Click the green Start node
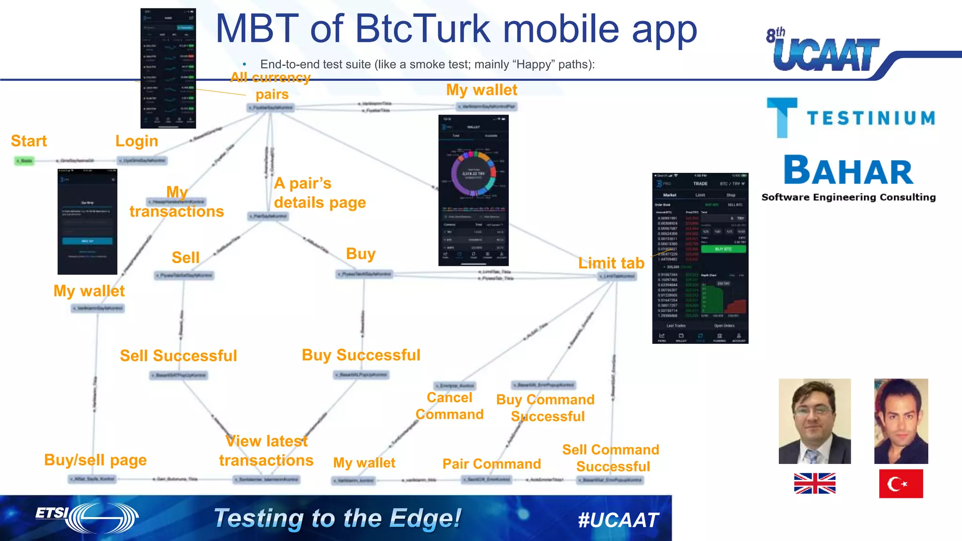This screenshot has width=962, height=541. click(x=24, y=161)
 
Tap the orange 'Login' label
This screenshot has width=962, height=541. click(x=137, y=141)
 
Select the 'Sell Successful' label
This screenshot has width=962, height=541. click(x=178, y=356)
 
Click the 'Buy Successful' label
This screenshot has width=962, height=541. click(x=361, y=355)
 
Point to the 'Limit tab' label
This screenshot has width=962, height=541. click(x=611, y=263)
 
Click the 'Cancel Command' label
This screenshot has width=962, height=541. click(x=450, y=406)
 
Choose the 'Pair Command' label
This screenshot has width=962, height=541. click(x=491, y=464)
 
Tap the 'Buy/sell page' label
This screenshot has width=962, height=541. click(x=95, y=460)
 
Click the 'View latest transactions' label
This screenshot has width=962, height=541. click(x=266, y=451)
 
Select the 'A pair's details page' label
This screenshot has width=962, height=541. click(x=319, y=193)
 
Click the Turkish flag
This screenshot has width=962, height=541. click(x=900, y=483)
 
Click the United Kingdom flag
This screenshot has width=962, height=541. click(x=815, y=483)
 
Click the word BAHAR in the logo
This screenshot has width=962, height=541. click(x=848, y=171)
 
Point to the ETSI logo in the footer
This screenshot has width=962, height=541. click(x=87, y=517)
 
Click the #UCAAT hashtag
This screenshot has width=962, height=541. click(x=618, y=520)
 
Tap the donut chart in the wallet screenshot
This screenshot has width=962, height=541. click(x=473, y=173)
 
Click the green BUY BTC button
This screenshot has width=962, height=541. click(x=723, y=249)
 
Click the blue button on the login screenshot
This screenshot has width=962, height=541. click(x=87, y=241)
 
